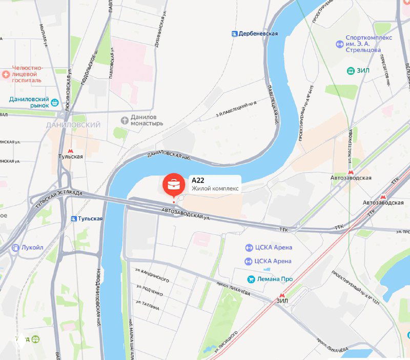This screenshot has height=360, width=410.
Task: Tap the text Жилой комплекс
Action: (215, 188)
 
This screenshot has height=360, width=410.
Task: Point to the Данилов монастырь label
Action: (147, 120)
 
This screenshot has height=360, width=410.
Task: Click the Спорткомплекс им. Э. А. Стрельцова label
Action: (369, 44)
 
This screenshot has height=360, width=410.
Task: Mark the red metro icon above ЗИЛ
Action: (282, 295)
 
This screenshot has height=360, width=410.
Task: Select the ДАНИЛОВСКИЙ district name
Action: (73, 125)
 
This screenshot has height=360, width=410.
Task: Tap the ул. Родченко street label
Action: (150, 290)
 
